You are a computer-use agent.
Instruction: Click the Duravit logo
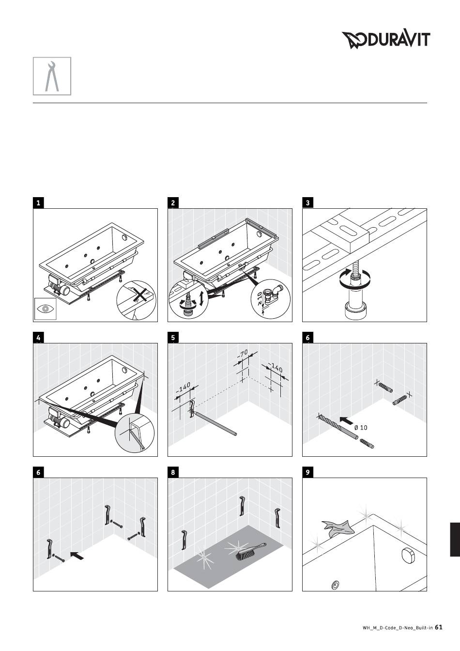386,40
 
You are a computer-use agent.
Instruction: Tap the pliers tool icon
52,76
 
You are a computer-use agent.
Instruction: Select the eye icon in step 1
46,309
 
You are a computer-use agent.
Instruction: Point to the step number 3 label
308,203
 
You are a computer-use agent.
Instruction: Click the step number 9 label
308,473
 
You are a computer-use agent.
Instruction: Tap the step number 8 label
173,473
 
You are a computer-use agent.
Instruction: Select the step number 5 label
173,338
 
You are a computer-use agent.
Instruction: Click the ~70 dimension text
243,354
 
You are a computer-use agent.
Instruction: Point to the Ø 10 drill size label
361,428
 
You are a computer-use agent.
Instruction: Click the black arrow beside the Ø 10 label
346,420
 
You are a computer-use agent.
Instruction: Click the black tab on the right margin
455,540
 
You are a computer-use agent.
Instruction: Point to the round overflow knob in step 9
407,554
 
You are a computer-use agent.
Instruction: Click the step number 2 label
173,203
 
